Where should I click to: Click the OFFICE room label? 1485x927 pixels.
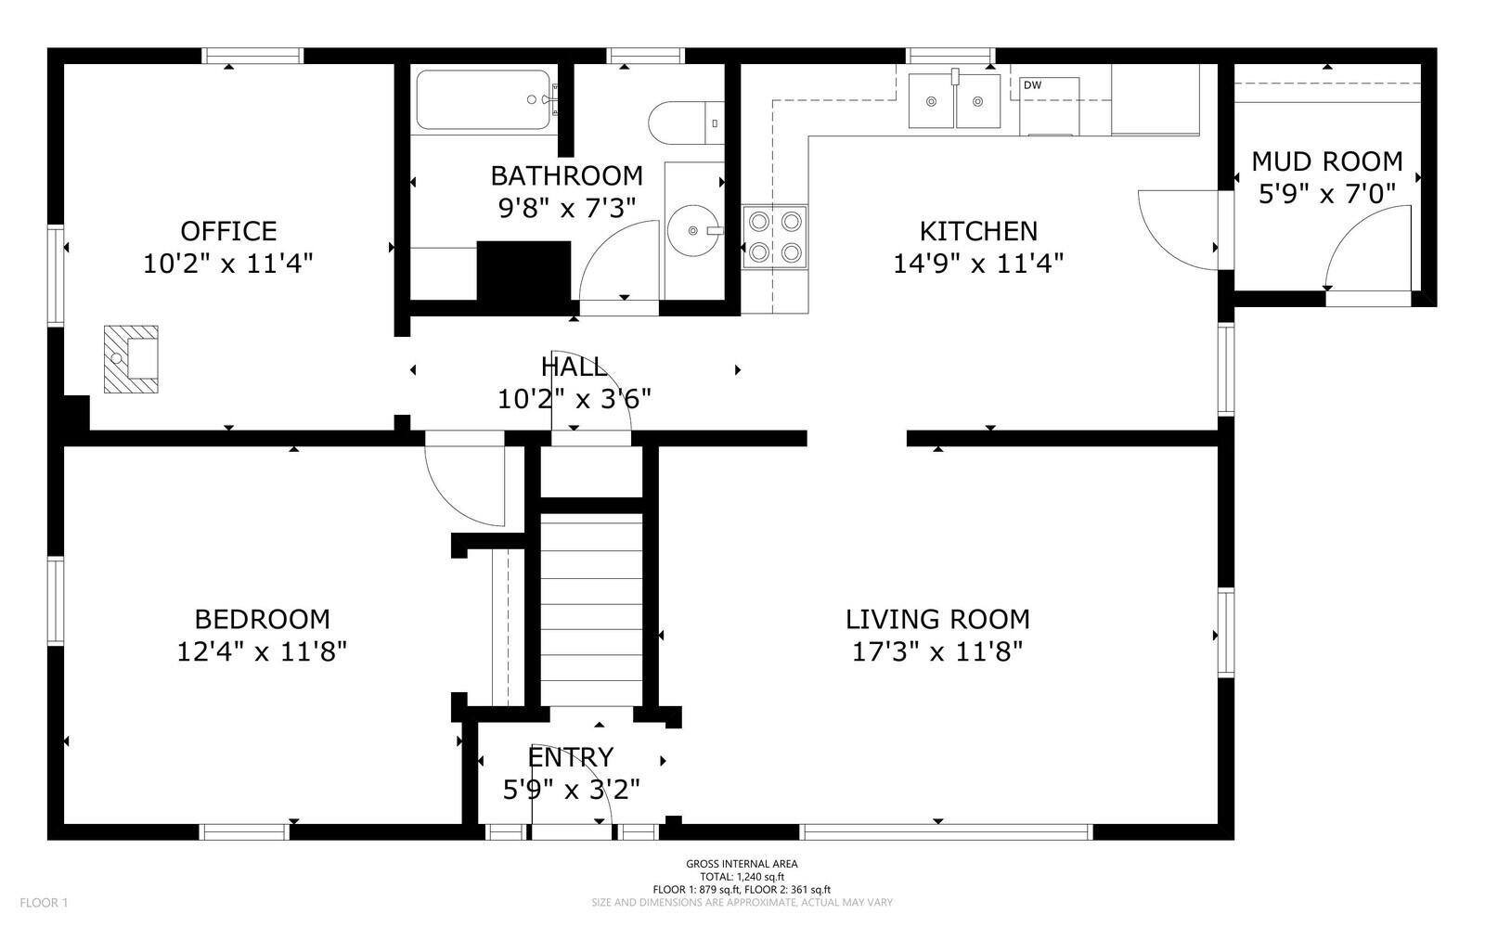tap(228, 231)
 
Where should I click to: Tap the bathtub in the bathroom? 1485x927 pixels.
tap(484, 99)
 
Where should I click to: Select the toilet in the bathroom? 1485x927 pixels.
tap(686, 122)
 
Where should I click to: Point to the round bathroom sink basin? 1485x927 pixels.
tap(692, 230)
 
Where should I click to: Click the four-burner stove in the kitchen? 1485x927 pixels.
tap(774, 237)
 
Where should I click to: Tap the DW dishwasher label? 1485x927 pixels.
tap(1032, 85)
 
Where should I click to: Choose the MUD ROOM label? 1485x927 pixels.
tap(1327, 161)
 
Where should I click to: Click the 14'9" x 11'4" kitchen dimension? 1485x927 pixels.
tap(978, 264)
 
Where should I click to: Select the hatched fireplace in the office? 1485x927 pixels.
tap(131, 359)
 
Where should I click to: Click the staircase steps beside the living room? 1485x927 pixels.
tap(591, 610)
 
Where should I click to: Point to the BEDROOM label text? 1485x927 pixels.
tap(263, 620)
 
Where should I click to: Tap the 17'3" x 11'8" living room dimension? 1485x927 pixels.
tap(937, 652)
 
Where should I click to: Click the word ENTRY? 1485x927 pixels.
tap(571, 756)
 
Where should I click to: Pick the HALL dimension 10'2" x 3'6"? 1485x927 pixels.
tap(575, 399)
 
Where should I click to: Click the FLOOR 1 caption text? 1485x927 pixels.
tap(44, 903)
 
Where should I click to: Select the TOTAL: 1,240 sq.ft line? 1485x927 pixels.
tap(742, 877)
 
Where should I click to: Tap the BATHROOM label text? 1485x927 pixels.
tap(567, 176)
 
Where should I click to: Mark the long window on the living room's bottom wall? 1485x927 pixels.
tap(946, 831)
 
